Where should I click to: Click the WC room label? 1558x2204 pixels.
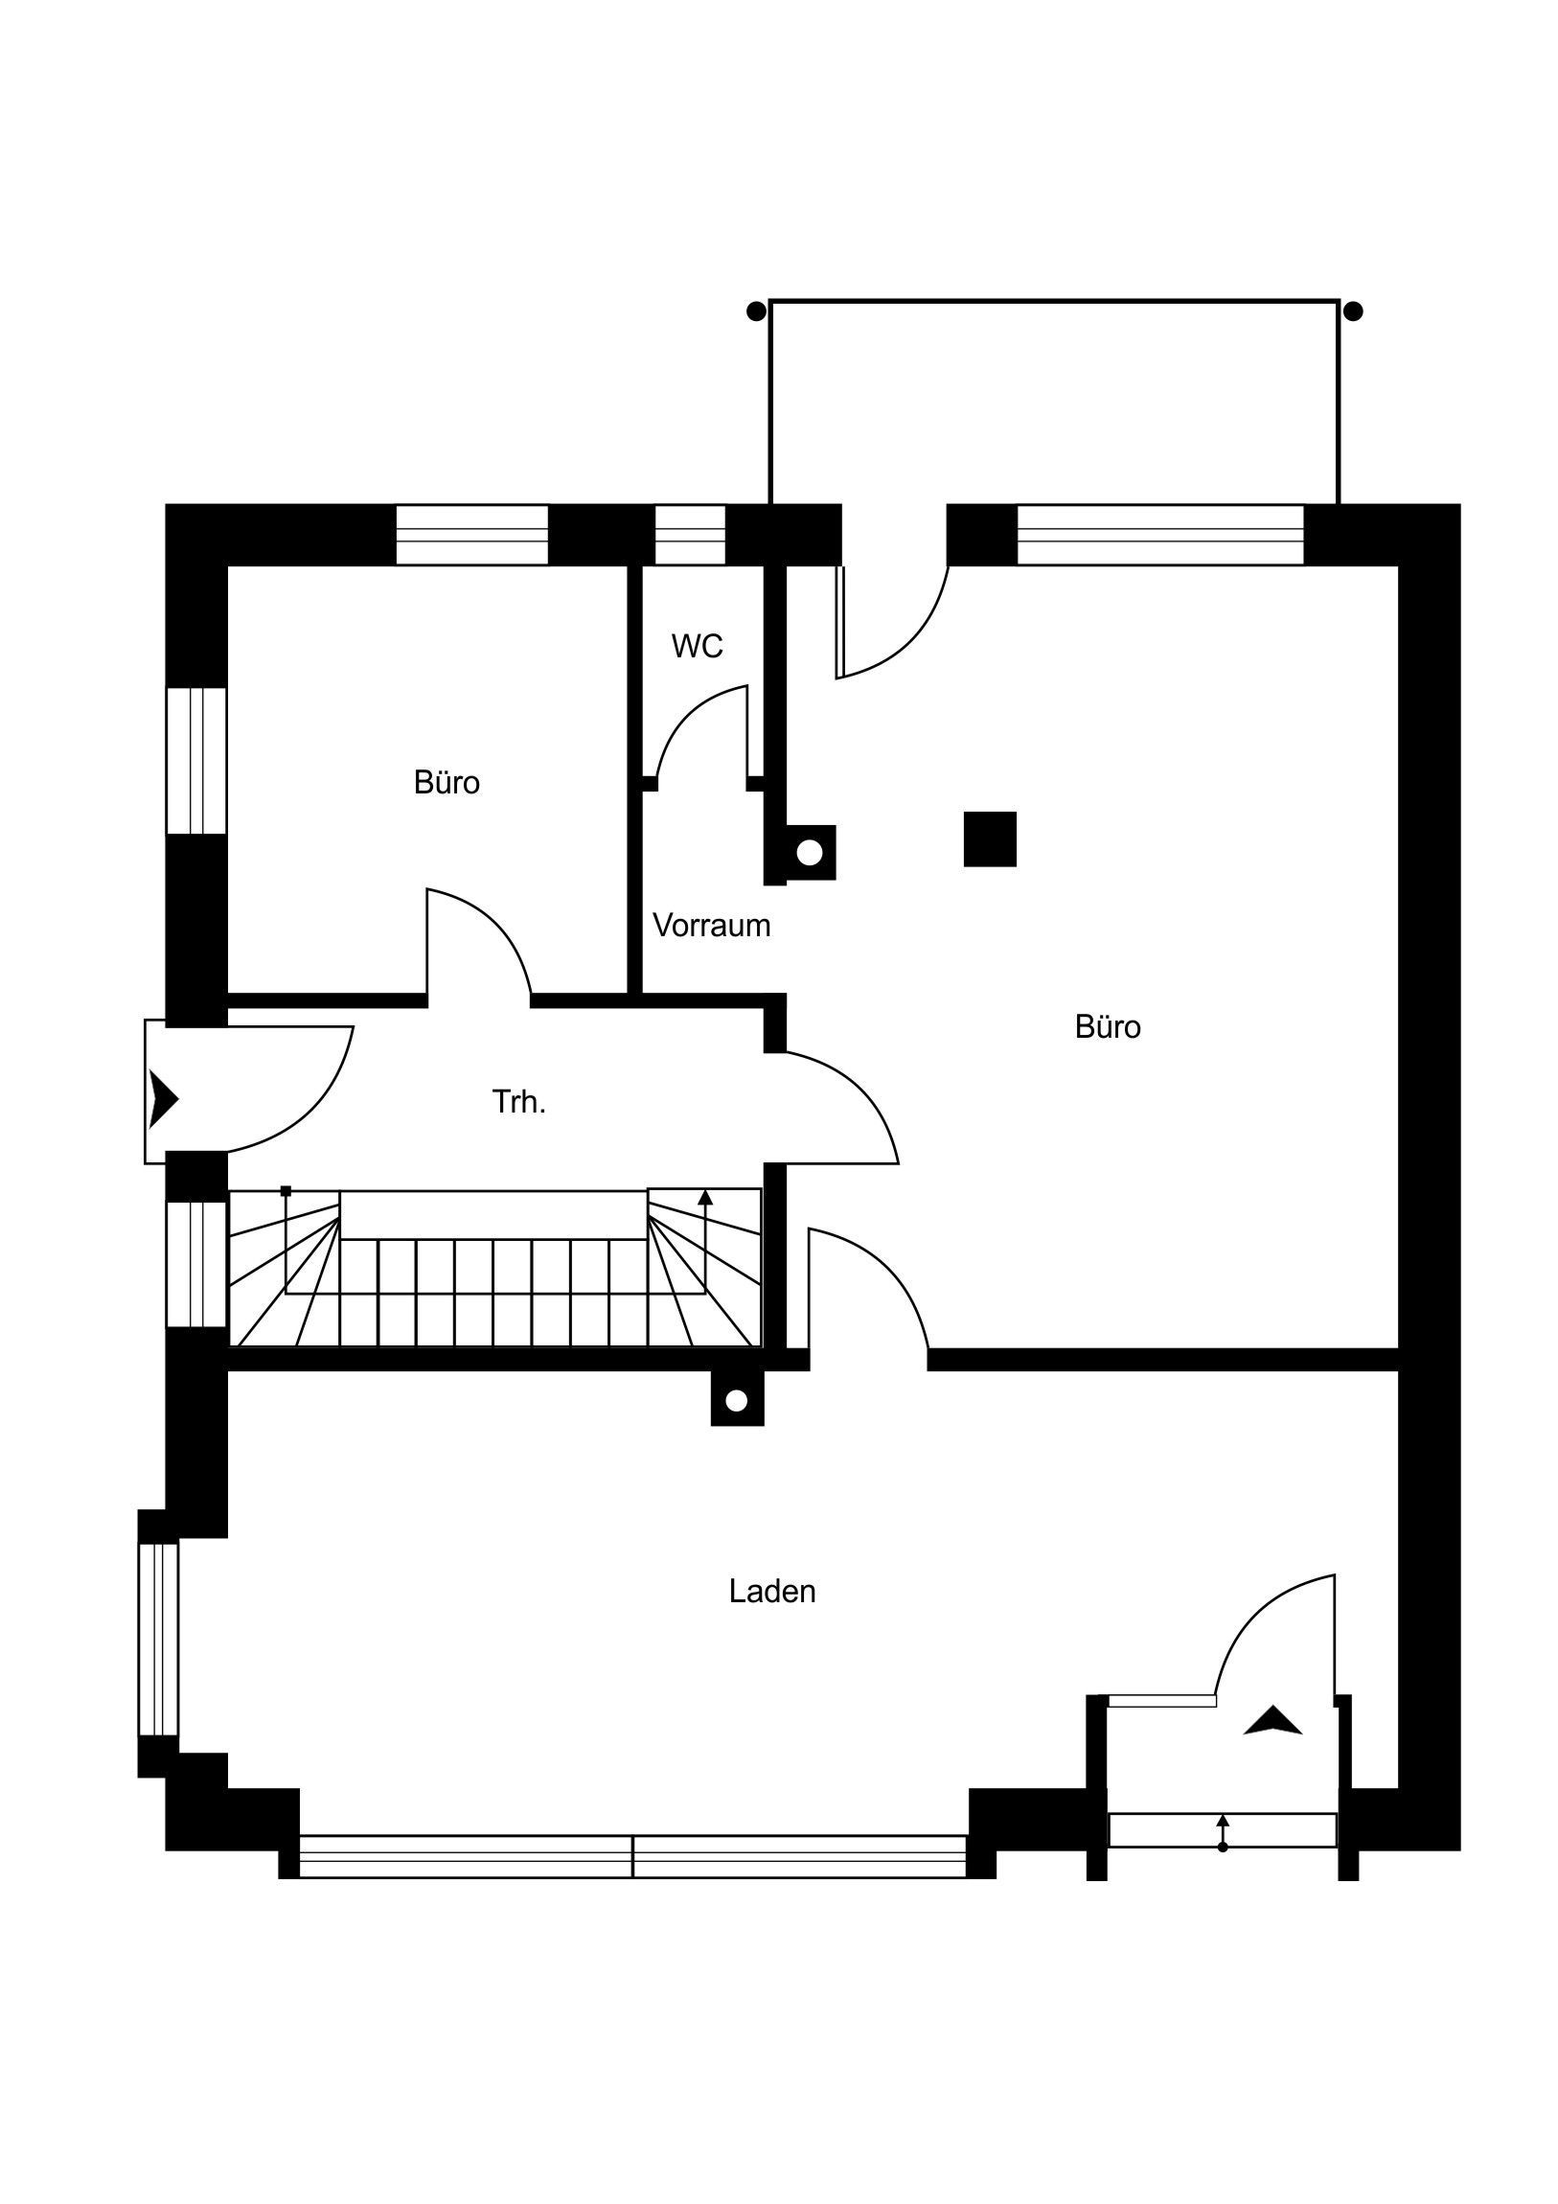tap(697, 646)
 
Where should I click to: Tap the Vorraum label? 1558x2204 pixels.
tap(711, 926)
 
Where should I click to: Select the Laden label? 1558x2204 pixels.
tap(771, 1592)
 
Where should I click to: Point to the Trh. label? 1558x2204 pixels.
tap(518, 1102)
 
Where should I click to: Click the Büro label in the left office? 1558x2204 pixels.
tap(447, 782)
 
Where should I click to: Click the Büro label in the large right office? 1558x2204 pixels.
tap(1108, 1027)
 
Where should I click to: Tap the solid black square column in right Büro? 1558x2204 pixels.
tap(990, 839)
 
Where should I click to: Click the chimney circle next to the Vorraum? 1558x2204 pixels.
tap(810, 853)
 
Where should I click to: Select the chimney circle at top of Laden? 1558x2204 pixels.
tap(736, 1402)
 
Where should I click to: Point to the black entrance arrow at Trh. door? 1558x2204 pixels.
tap(163, 1098)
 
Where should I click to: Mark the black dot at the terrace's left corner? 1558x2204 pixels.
tap(756, 311)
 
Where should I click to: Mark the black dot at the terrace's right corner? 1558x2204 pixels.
tap(1354, 311)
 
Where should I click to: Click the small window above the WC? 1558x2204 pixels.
tap(690, 535)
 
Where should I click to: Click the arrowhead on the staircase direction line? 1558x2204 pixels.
tap(705, 1197)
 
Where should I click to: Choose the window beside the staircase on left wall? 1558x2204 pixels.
tap(196, 1264)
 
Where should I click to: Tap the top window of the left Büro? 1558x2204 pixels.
tap(472, 535)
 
